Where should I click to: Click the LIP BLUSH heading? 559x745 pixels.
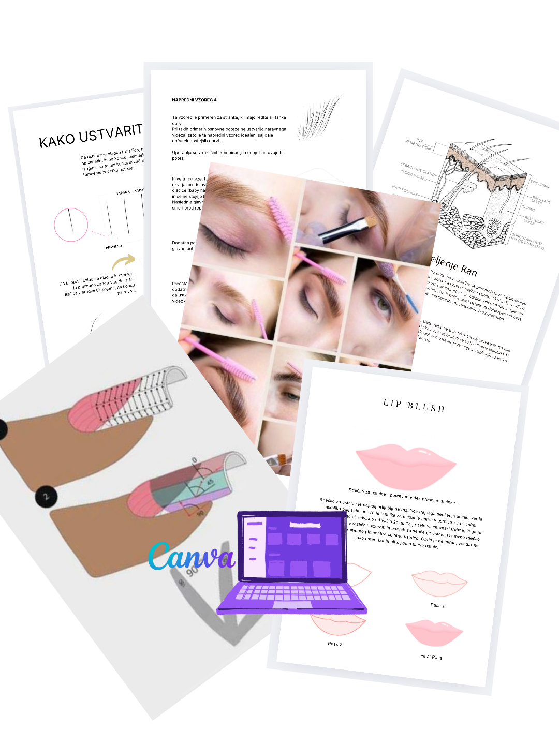click(414, 406)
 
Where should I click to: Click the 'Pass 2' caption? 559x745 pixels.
click(335, 644)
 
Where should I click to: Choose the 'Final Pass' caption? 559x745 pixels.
click(431, 657)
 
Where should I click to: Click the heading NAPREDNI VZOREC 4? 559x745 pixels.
click(194, 100)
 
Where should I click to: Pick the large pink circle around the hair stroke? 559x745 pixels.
click(71, 225)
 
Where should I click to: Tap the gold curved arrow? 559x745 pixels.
click(124, 261)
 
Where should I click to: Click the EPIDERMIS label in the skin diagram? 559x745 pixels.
click(539, 184)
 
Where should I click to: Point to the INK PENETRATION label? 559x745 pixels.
click(418, 144)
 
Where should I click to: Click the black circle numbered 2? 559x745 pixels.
click(46, 497)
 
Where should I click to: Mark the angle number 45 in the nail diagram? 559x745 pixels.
click(210, 482)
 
